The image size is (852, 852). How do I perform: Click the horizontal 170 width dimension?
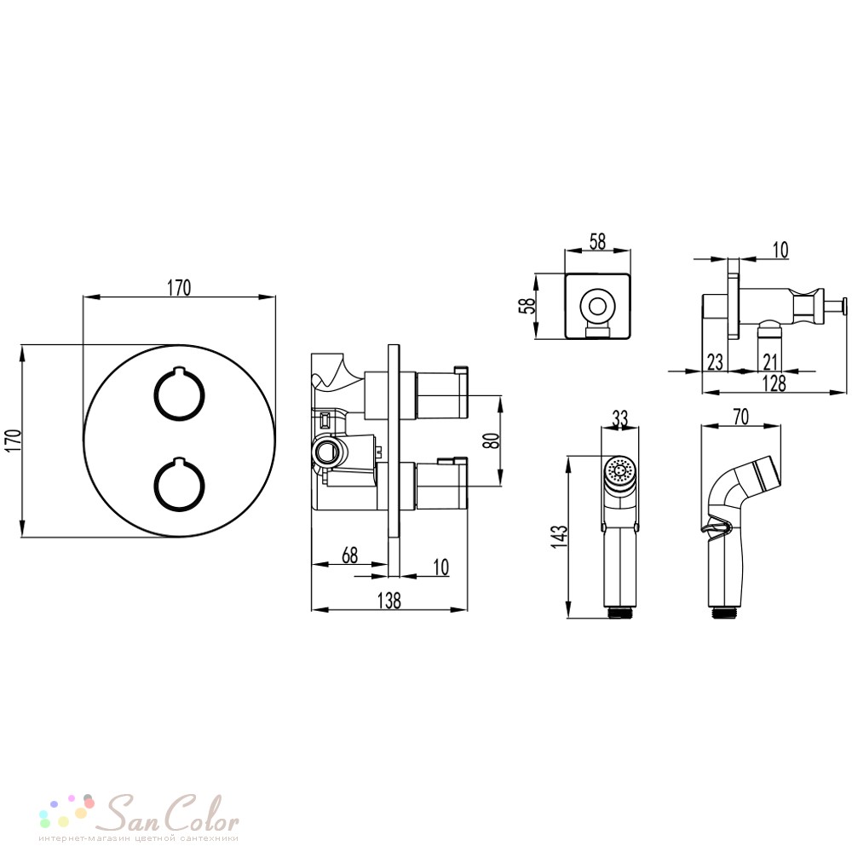(179, 288)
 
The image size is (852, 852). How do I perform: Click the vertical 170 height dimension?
(13, 440)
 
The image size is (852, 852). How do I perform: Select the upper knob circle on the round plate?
(179, 394)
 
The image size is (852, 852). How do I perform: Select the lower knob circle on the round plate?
(179, 486)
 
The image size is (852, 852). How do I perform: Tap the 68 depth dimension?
(350, 555)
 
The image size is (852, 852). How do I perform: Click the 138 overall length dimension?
(389, 601)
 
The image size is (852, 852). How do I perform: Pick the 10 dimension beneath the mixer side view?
(441, 567)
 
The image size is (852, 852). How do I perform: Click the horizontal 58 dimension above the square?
(597, 242)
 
